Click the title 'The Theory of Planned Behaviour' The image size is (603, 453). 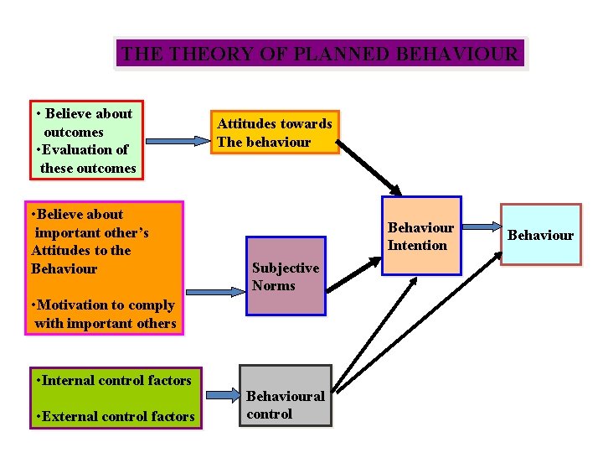(x=321, y=55)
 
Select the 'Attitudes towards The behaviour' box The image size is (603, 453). (x=275, y=133)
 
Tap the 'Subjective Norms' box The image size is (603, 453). (x=286, y=277)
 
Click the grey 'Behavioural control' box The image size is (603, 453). (x=286, y=395)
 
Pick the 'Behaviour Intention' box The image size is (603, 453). (x=421, y=236)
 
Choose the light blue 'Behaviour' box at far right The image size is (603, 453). (x=540, y=235)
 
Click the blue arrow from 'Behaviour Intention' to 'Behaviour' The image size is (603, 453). (x=481, y=226)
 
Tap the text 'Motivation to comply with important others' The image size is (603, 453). (x=103, y=315)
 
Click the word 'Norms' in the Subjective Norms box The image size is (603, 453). (x=274, y=286)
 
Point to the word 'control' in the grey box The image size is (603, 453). (x=270, y=414)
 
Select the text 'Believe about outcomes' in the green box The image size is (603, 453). (x=85, y=122)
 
